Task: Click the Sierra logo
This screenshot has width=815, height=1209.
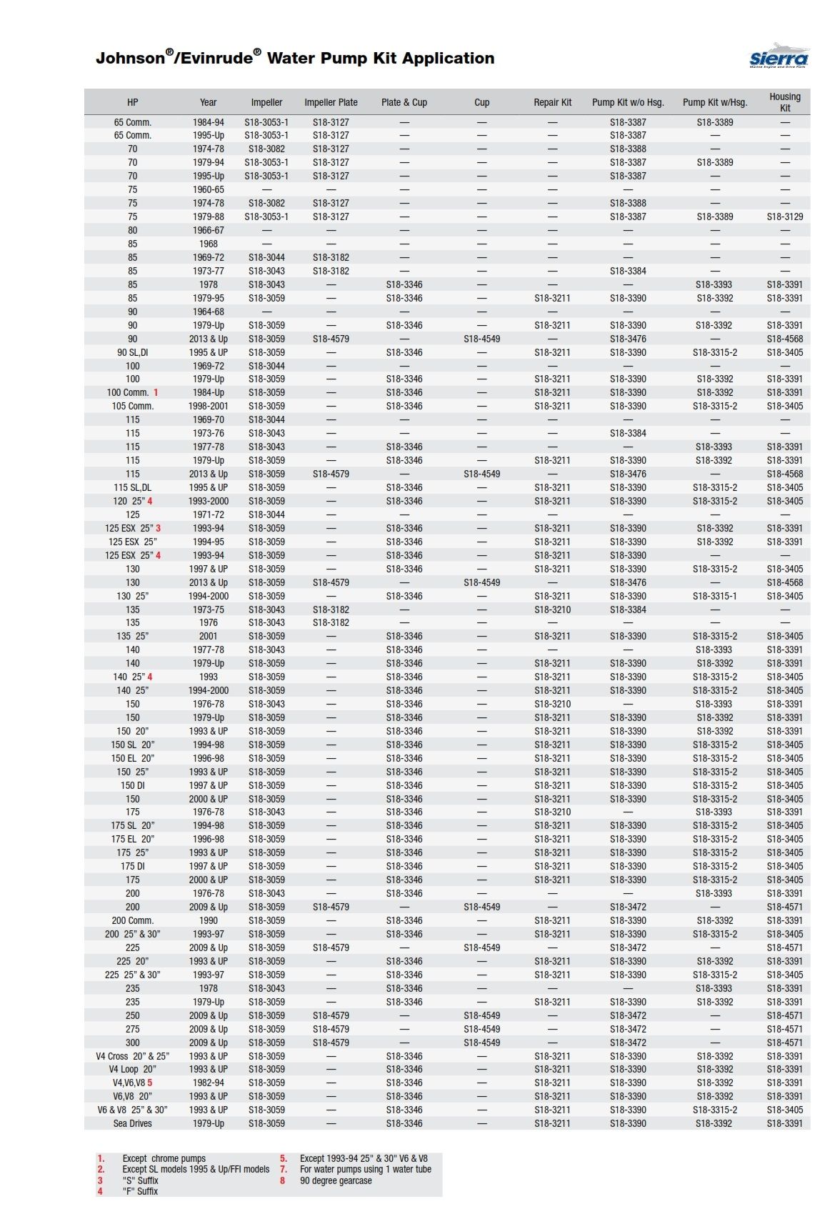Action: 779,58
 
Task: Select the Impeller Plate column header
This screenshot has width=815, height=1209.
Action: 331,102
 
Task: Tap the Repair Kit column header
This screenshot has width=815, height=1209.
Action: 552,102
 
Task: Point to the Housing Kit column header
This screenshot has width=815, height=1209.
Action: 784,102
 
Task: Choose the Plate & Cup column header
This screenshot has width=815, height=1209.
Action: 404,102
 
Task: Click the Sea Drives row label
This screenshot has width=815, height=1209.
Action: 133,1123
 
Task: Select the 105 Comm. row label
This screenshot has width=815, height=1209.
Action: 133,406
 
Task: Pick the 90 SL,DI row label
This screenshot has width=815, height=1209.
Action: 133,352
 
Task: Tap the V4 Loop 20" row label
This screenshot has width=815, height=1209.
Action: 133,1069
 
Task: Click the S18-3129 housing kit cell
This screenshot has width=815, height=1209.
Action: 784,217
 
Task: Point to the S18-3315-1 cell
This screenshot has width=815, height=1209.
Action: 714,596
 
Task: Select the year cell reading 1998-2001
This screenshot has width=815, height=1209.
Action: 209,406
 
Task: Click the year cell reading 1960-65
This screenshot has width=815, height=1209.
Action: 209,189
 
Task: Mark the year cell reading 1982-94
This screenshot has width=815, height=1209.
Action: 209,1083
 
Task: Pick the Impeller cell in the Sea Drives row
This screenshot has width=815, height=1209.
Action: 266,1123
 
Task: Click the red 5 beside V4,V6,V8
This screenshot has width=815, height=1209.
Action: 150,1083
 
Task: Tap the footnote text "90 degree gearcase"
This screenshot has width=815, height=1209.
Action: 336,1180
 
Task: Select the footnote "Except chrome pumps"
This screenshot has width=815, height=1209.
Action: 164,1158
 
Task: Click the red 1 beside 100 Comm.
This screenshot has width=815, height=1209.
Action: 156,392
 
